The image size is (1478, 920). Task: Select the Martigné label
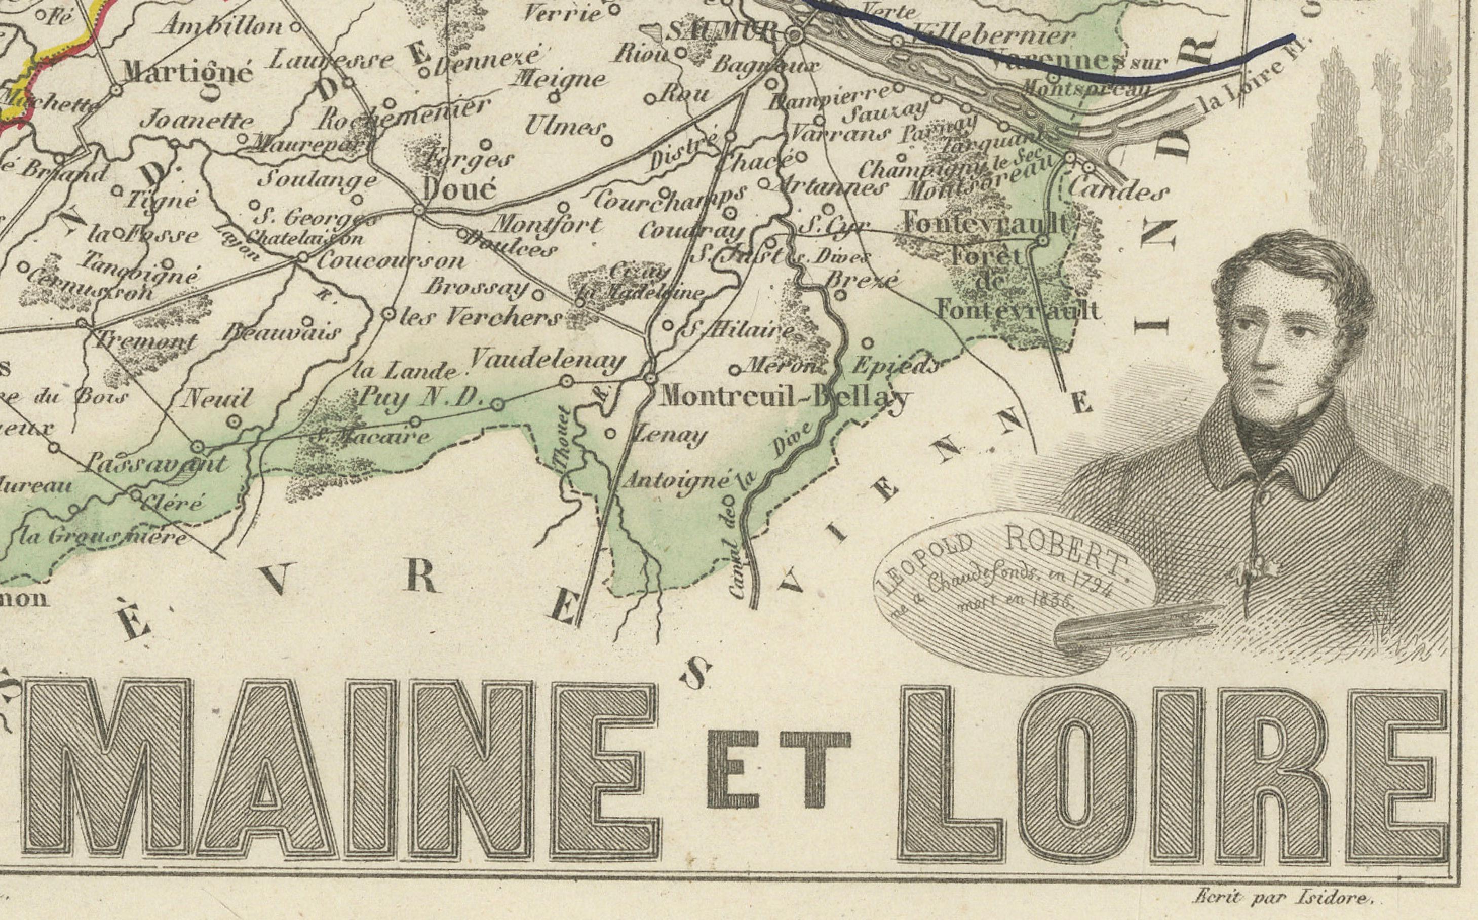coord(187,73)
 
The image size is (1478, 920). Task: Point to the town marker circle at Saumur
coord(793,37)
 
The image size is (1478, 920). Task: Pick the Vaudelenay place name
coord(548,360)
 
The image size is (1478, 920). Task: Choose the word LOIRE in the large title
coord(1174,782)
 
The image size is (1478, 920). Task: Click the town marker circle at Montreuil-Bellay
coord(651,378)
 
